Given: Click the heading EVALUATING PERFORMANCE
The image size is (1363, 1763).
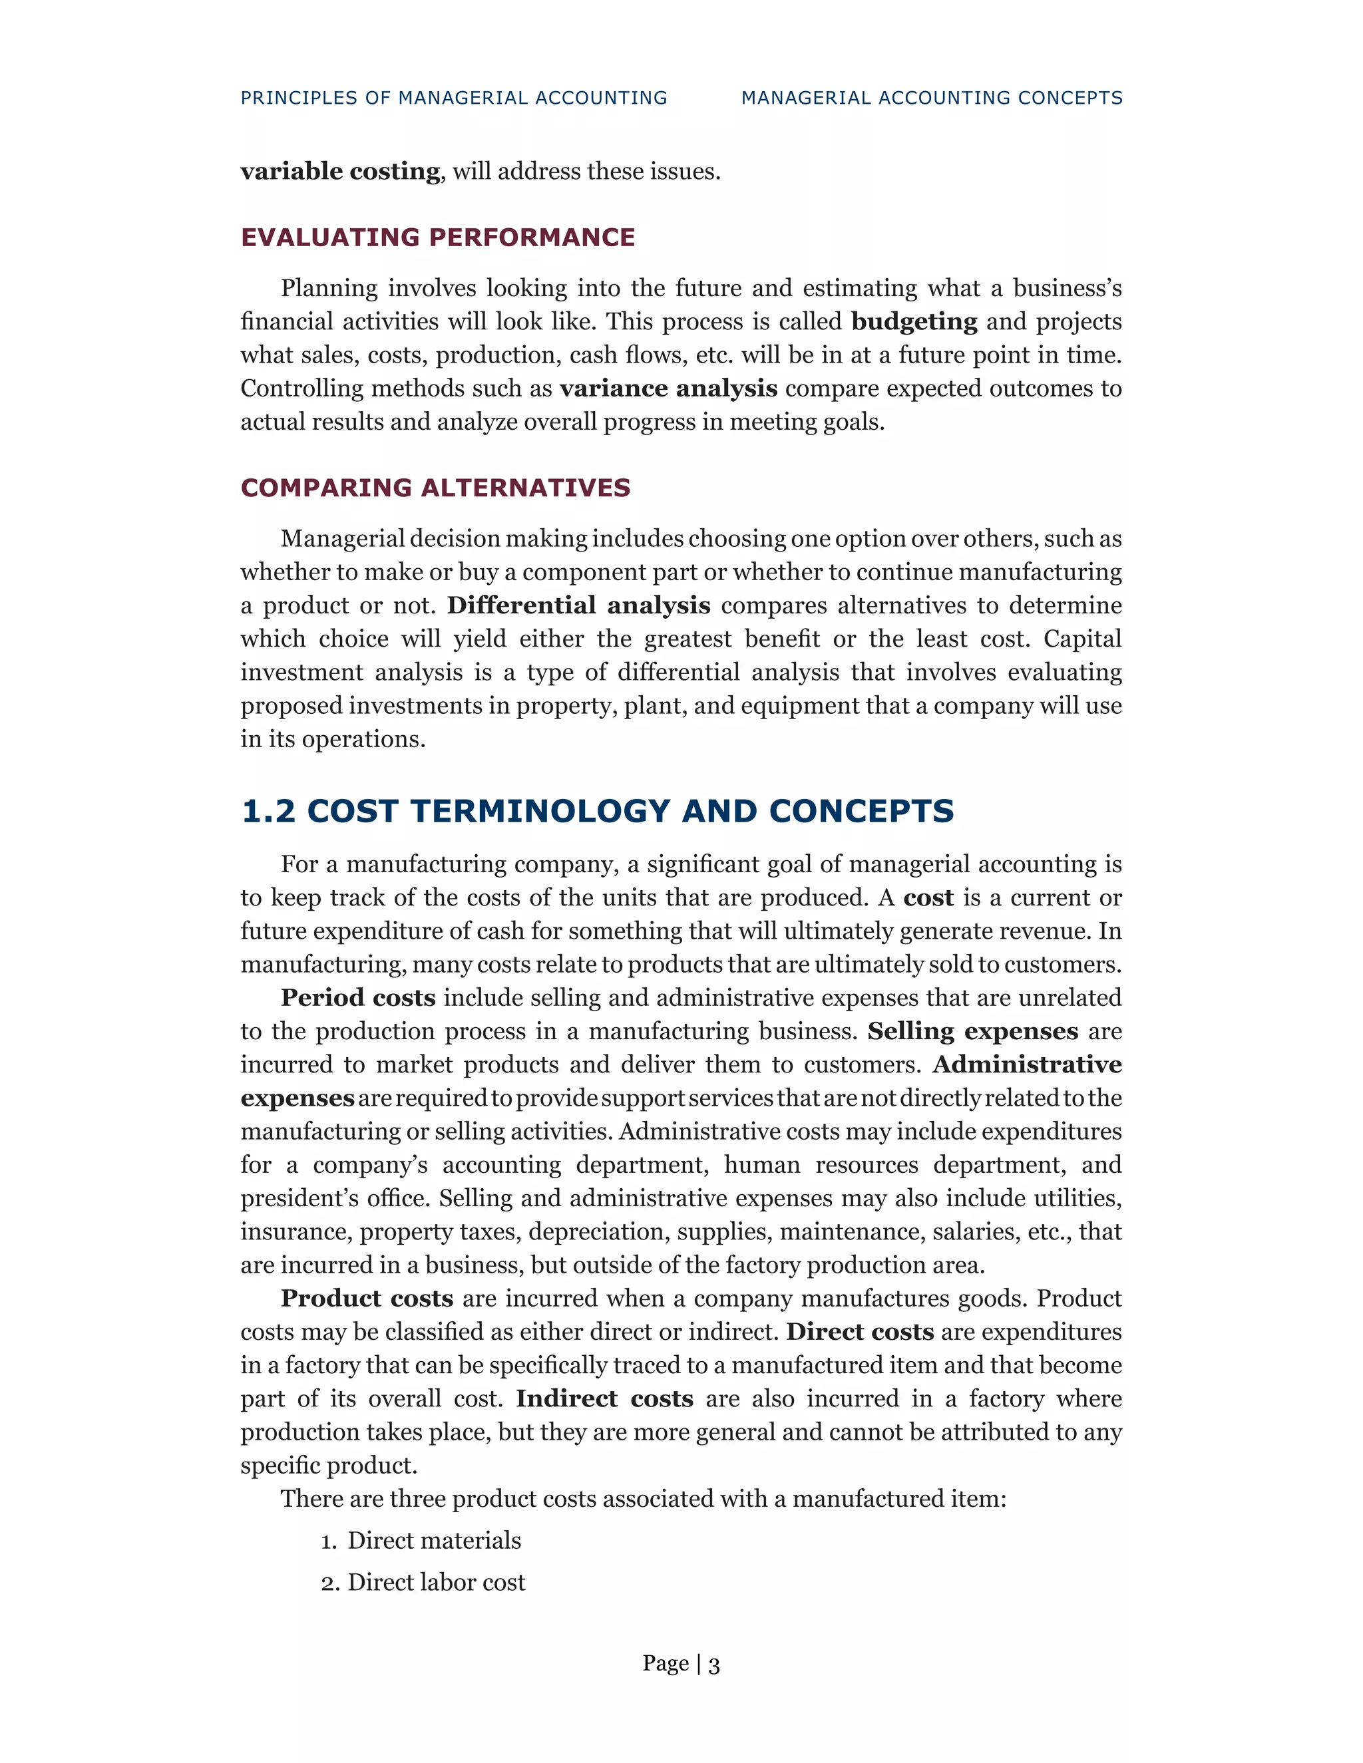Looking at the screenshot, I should point(438,238).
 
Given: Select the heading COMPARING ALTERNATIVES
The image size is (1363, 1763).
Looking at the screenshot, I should point(435,488).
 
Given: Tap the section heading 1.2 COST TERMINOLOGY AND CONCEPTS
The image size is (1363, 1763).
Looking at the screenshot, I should point(598,811).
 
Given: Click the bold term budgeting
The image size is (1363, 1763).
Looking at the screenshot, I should point(914,322).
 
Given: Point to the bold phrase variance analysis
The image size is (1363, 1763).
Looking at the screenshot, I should point(669,389).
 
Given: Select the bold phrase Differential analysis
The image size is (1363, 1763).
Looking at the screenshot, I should point(578,605).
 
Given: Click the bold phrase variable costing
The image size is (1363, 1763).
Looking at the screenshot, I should point(340,171).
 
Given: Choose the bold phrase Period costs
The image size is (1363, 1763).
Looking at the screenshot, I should point(357,999).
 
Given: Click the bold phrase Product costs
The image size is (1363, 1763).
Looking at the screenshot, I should point(367,1299).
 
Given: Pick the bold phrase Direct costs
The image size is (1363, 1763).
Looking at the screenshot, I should point(860,1332).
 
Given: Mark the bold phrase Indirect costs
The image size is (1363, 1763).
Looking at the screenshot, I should point(604,1399).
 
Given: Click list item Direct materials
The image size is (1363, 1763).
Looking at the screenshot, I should point(434,1541).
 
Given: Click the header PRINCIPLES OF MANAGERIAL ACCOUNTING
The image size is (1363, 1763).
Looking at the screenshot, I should point(454,98).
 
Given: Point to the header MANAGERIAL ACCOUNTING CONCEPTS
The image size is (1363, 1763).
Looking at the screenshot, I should point(932,98).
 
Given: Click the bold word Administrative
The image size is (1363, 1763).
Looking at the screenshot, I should point(1027,1064).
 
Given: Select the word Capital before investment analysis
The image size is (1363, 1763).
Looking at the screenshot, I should point(1082,639).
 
